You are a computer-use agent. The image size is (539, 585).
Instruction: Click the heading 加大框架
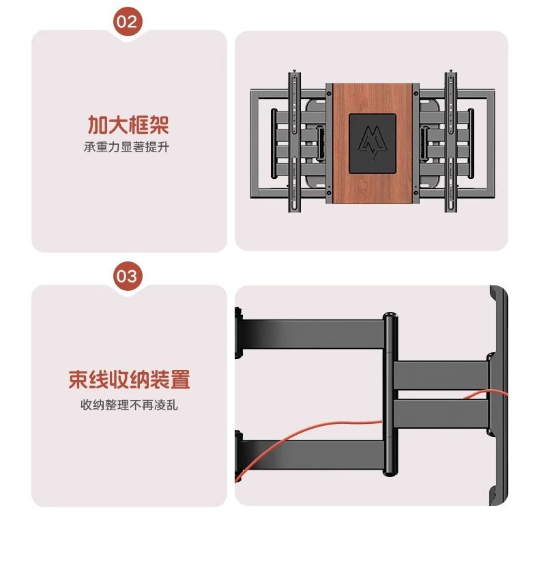pos(128,125)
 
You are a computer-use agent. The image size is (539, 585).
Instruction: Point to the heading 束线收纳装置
pos(129,380)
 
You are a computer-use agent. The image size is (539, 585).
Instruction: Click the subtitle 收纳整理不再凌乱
pos(129,405)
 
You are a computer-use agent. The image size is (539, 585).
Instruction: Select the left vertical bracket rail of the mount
pos(294,143)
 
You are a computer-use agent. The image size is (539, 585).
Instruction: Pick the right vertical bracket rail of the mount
pos(451,143)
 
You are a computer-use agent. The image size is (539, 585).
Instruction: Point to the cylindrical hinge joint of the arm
pos(390,396)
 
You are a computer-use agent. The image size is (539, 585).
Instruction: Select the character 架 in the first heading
pos(159,125)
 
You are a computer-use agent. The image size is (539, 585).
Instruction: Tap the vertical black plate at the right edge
pos(499,396)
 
